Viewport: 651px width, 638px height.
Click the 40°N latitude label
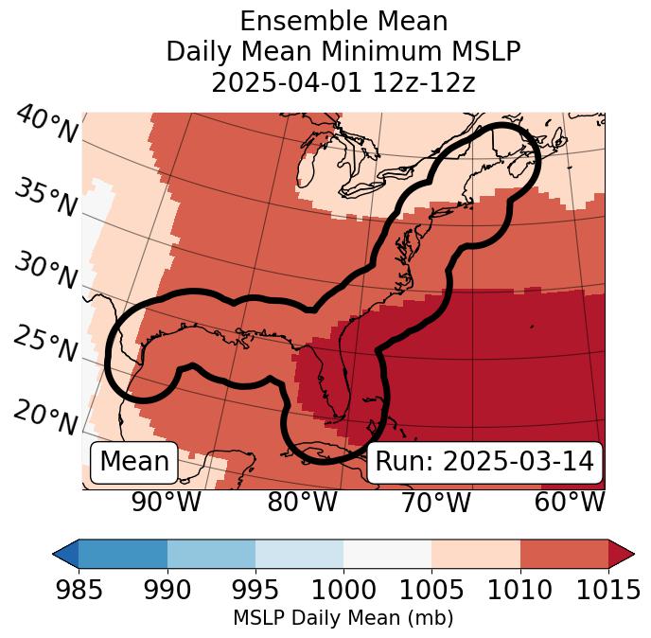46,125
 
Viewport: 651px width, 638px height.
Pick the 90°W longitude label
167,502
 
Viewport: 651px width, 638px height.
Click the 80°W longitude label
302,502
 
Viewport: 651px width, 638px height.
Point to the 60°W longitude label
570,502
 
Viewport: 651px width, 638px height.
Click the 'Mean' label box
134,462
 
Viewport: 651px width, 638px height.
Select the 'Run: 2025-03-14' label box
484,462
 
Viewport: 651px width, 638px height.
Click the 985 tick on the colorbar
79,590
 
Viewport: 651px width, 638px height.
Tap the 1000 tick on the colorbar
343,590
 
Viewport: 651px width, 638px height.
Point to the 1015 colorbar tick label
607,590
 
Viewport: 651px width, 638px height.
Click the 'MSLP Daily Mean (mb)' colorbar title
343,618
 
